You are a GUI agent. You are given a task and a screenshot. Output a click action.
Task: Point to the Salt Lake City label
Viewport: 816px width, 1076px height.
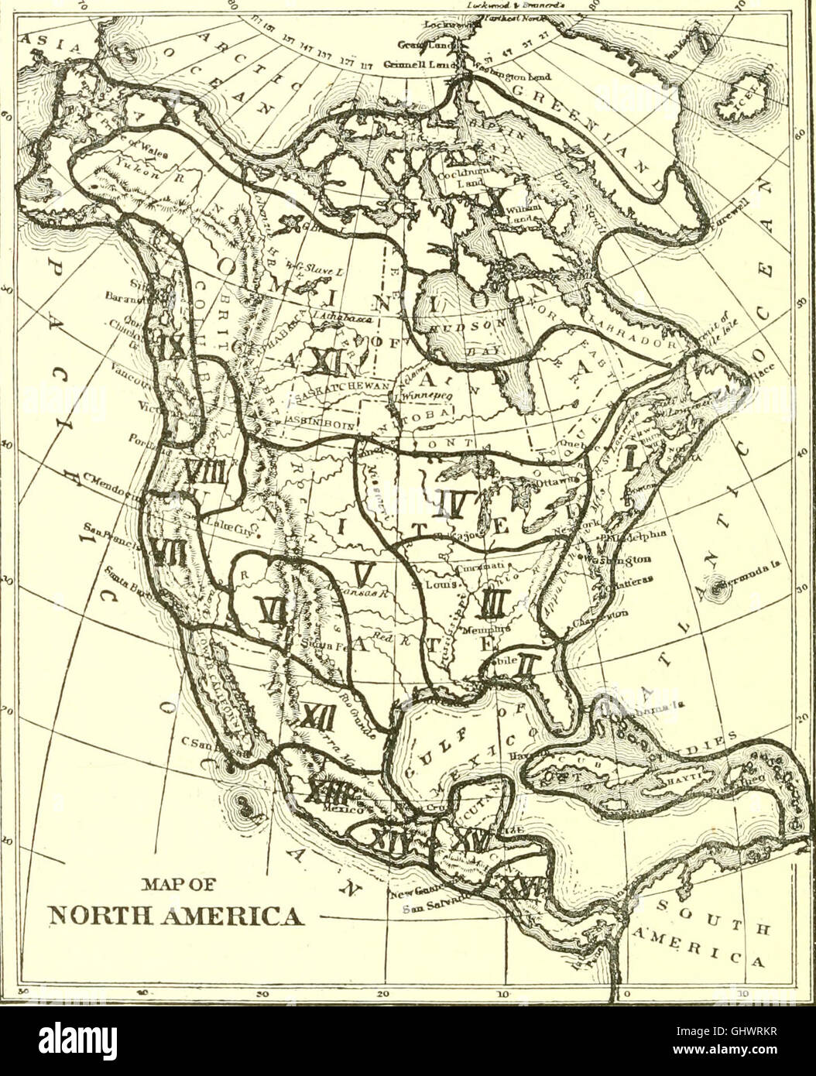coord(225,523)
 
